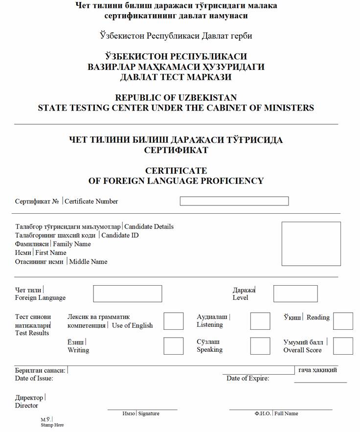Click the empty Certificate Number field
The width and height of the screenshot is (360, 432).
click(234, 201)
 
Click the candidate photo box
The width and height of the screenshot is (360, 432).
click(311, 244)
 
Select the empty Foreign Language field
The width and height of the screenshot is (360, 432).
click(127, 294)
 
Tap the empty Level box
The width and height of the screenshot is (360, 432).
click(295, 294)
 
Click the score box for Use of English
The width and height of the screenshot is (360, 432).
click(173, 321)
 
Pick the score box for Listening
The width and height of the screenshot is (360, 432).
click(260, 321)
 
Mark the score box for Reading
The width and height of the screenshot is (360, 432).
click(343, 321)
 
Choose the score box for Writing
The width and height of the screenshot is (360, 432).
click(173, 346)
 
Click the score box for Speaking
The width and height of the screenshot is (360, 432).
click(260, 346)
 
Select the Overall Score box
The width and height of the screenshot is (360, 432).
click(343, 346)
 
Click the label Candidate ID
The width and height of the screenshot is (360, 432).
click(120, 235)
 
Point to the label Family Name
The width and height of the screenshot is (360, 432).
click(72, 244)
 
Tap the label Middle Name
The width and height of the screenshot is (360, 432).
click(88, 262)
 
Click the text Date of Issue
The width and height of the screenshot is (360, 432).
click(34, 378)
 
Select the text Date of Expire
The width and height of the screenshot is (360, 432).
click(247, 378)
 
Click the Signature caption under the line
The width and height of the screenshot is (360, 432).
click(149, 413)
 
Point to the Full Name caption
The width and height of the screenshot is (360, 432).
click(286, 413)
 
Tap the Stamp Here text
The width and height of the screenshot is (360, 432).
click(52, 425)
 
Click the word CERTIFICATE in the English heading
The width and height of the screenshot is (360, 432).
click(176, 171)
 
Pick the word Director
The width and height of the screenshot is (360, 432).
click(26, 405)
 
